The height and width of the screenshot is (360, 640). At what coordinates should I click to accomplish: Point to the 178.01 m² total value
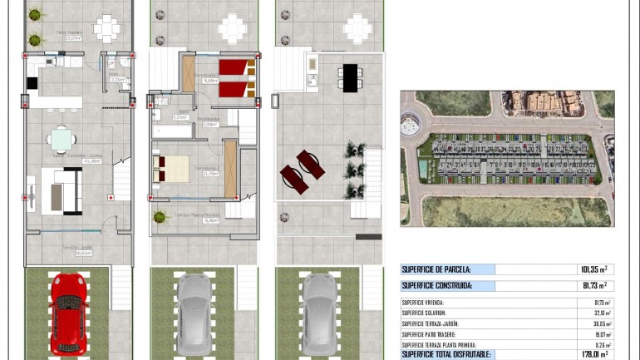(592, 354)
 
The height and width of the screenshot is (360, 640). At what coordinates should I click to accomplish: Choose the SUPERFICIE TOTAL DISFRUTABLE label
(446, 354)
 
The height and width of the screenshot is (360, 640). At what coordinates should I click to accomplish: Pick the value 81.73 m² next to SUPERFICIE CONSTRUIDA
(594, 286)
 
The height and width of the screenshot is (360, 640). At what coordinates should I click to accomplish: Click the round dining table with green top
(61, 138)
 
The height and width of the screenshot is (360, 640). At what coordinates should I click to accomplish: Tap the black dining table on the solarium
(350, 77)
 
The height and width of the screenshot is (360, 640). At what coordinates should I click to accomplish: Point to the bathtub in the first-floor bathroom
(172, 131)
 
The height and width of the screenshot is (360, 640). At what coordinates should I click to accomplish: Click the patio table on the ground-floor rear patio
(106, 29)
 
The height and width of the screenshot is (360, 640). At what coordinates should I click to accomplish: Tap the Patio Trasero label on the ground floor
(68, 35)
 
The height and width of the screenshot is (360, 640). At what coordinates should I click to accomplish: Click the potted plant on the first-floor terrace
(160, 217)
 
